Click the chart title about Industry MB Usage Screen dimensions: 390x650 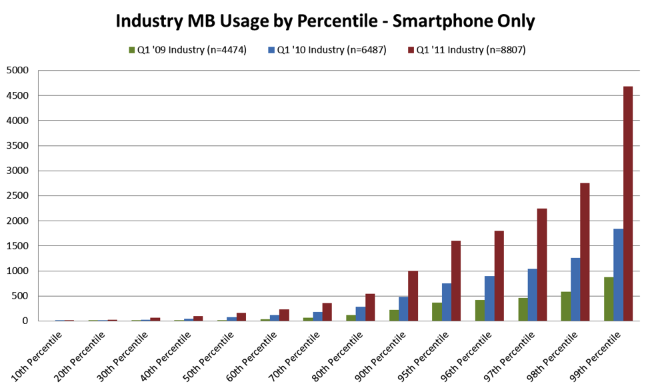[325, 21]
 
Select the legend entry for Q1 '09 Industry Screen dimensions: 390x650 [187, 50]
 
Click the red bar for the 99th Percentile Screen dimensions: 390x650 [627, 203]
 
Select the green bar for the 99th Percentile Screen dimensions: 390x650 [609, 299]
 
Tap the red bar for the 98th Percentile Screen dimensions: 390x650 [585, 252]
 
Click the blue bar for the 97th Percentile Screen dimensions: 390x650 [532, 295]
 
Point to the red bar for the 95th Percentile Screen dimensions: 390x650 [455, 281]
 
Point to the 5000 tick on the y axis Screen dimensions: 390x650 [19, 71]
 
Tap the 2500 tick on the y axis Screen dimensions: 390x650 [19, 195]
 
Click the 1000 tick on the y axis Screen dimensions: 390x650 [19, 271]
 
